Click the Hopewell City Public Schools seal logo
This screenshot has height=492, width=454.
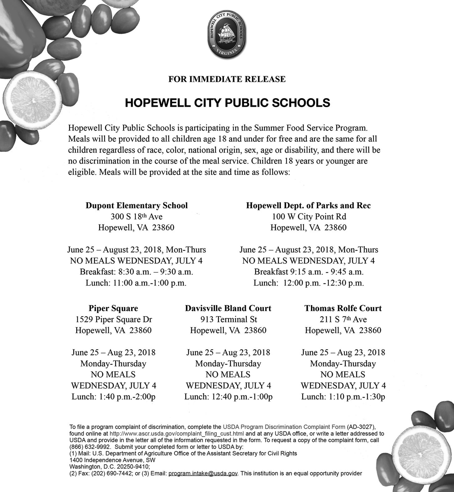(227, 35)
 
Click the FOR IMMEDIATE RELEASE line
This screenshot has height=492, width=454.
(227, 79)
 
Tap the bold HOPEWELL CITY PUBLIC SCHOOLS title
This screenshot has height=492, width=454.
(227, 103)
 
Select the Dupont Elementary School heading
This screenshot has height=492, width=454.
(136, 206)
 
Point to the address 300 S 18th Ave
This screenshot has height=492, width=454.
(136, 216)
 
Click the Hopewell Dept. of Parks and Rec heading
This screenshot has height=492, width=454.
(308, 206)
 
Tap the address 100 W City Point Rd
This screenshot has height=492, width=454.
(309, 216)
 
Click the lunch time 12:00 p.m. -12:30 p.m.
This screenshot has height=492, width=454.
(323, 283)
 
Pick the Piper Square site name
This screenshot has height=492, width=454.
(113, 308)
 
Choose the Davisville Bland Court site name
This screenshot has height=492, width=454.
(228, 308)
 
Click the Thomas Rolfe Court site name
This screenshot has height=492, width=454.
(343, 308)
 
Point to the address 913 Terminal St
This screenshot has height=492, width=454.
(229, 319)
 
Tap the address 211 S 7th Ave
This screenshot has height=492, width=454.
(343, 319)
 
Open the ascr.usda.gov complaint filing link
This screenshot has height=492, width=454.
(177, 434)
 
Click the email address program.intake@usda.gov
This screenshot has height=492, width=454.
(203, 474)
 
